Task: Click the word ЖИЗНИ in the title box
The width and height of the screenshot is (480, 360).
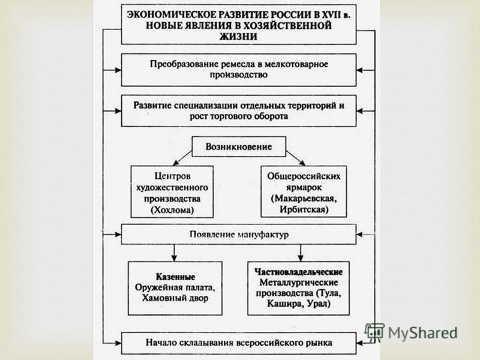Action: pyautogui.click(x=238, y=37)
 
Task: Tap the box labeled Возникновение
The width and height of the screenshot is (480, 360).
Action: pyautogui.click(x=239, y=146)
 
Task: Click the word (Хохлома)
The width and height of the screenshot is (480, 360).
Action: pyautogui.click(x=172, y=210)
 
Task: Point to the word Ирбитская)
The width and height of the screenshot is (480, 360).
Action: pyautogui.click(x=304, y=209)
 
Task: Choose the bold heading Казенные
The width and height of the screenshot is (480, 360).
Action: pyautogui.click(x=175, y=277)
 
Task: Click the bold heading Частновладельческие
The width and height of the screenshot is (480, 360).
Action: pyautogui.click(x=298, y=272)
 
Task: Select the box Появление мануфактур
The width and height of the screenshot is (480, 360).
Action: pyautogui.click(x=239, y=234)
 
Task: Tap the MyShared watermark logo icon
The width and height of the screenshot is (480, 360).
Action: pyautogui.click(x=374, y=332)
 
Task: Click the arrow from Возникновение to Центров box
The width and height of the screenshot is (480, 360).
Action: pyautogui.click(x=182, y=158)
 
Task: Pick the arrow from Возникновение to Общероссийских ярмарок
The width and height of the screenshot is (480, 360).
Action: pyautogui.click(x=295, y=158)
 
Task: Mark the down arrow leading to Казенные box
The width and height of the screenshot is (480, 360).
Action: pyautogui.click(x=174, y=253)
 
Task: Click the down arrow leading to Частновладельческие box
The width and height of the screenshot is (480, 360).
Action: pyautogui.click(x=301, y=253)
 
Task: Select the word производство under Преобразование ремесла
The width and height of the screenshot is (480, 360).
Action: pyautogui.click(x=238, y=74)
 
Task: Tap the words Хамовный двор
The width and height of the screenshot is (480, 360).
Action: pyautogui.click(x=175, y=298)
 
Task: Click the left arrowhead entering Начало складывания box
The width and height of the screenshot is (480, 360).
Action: pyautogui.click(x=118, y=343)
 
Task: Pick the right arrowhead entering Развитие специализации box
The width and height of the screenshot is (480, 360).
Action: pyautogui.click(x=359, y=111)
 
